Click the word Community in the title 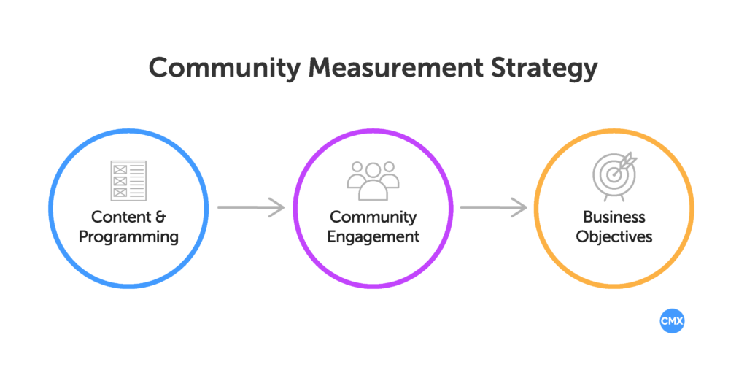222,68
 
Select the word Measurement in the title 395,68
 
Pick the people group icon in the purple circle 373,180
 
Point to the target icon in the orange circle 614,177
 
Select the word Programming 128,236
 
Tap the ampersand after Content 161,217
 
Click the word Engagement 373,236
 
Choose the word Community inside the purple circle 373,217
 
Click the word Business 614,217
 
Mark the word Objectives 614,236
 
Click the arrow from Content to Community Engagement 250,207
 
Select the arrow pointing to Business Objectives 492,207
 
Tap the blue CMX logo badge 672,321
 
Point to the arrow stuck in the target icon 626,162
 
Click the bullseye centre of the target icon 614,174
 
